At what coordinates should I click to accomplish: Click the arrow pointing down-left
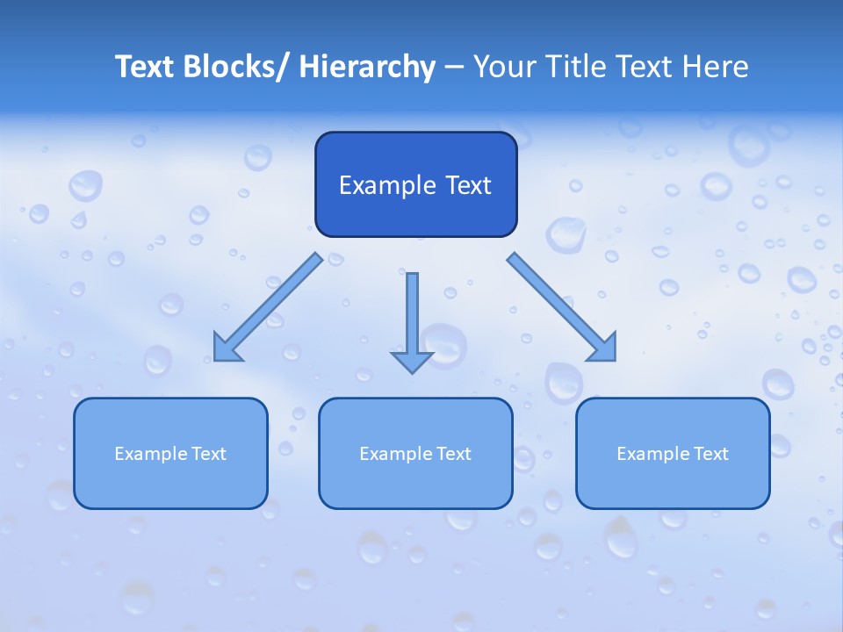point(268,307)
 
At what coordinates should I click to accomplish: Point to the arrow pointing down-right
point(560,305)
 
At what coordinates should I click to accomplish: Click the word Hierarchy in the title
point(367,67)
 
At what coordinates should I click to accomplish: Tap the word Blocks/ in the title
point(240,67)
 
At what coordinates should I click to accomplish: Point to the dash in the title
point(453,68)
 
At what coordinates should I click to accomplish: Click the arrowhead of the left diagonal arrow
point(226,349)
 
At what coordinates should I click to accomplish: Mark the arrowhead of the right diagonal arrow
point(604,348)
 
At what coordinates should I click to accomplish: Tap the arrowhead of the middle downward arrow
point(412,362)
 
